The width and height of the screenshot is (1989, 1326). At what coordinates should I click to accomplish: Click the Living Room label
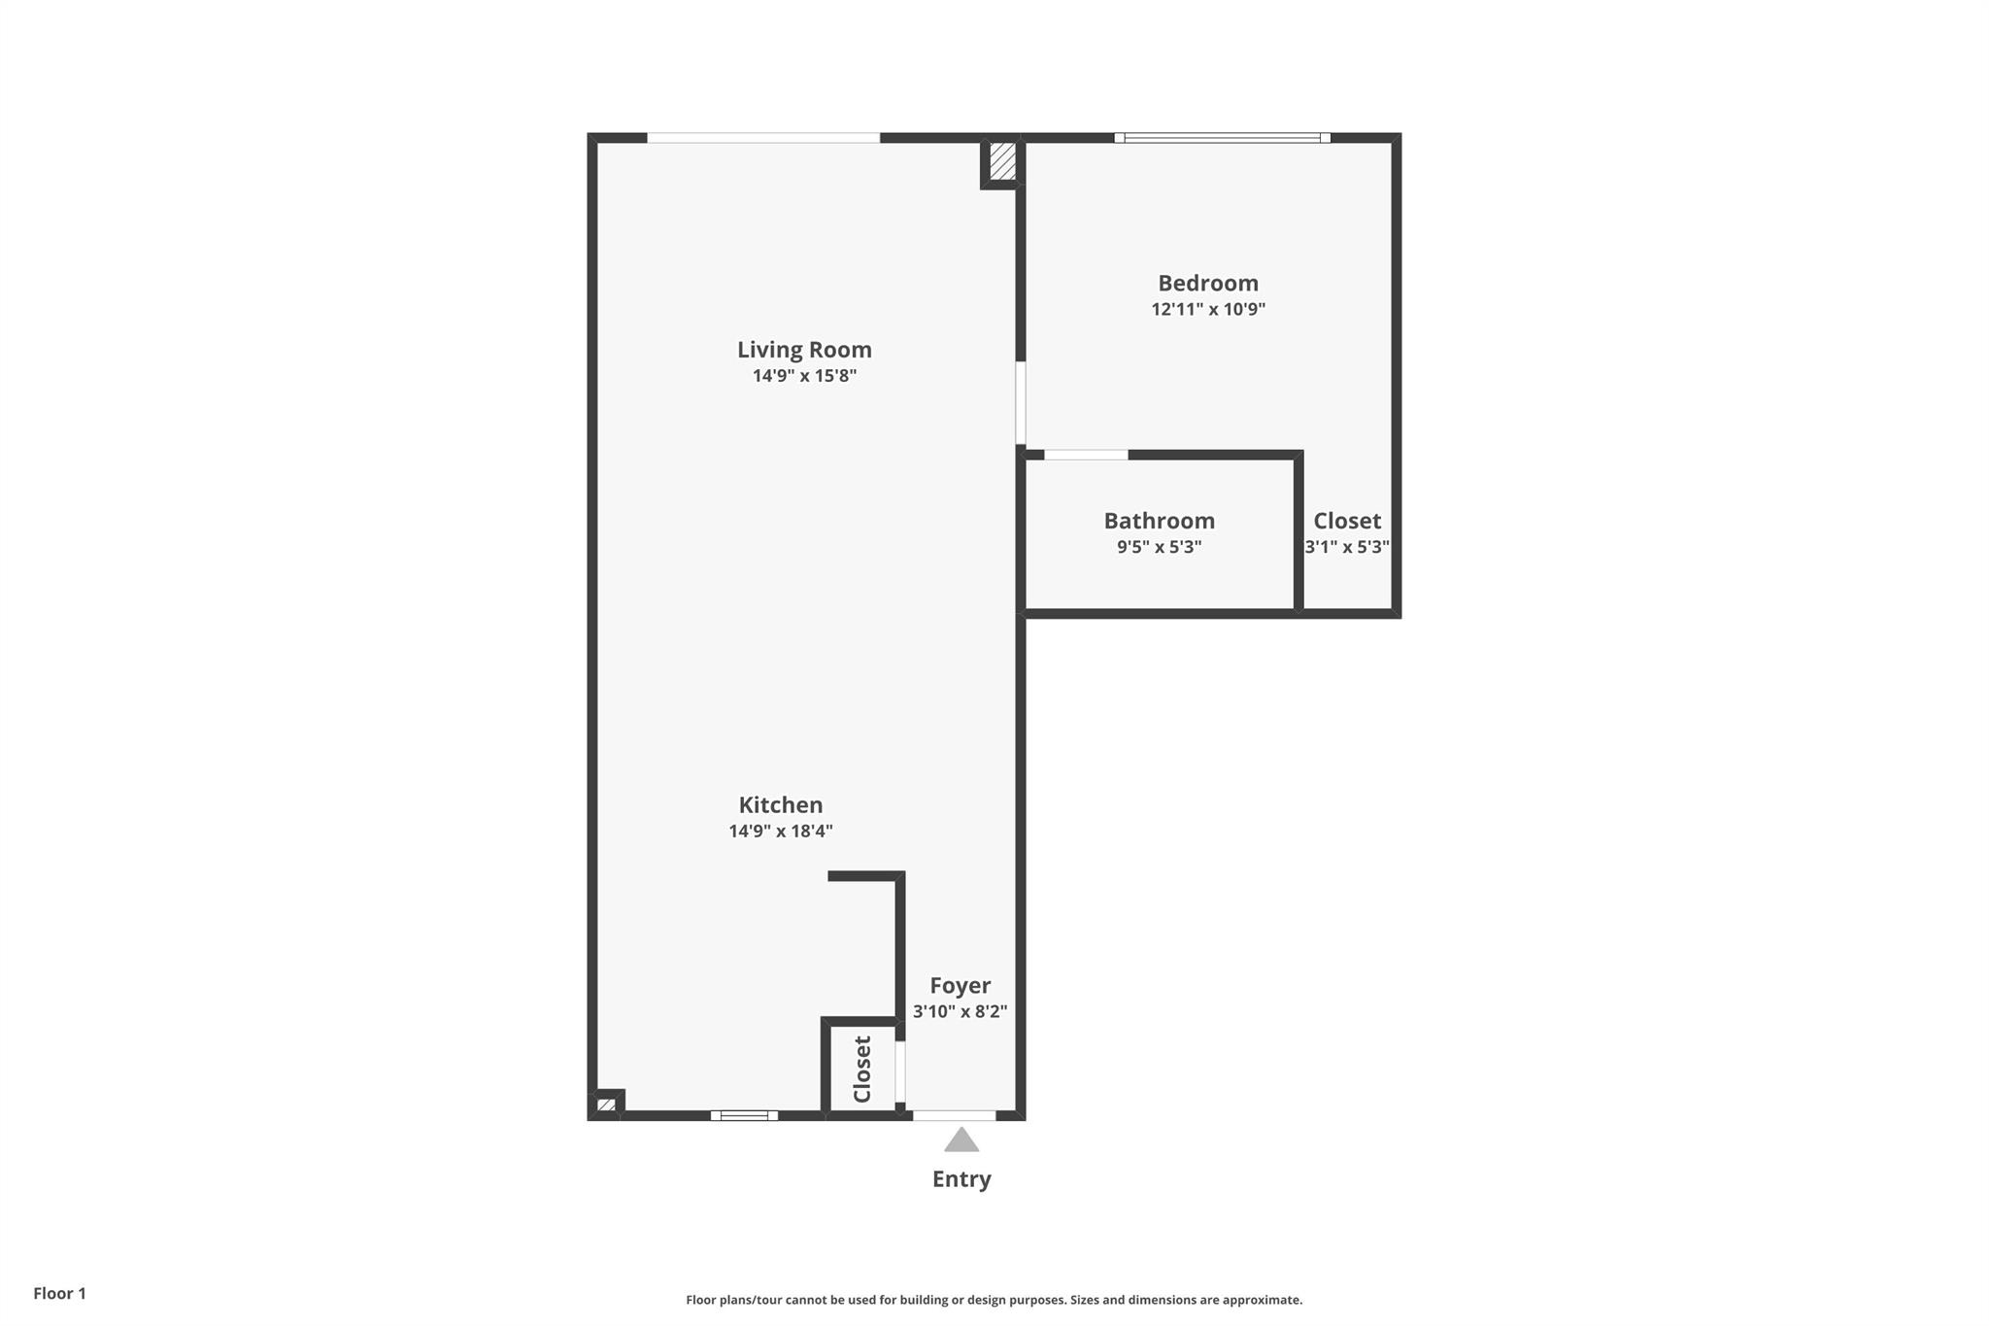pyautogui.click(x=804, y=350)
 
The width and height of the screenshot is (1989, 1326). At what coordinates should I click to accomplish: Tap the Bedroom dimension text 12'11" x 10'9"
pyautogui.click(x=1208, y=310)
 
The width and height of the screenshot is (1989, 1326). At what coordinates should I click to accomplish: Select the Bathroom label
pyautogui.click(x=1159, y=521)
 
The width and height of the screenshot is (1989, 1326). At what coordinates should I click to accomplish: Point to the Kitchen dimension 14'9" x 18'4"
pyautogui.click(x=781, y=832)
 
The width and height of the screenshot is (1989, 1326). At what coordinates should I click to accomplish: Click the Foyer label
pyautogui.click(x=960, y=986)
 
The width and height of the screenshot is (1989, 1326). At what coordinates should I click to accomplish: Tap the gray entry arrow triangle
pyautogui.click(x=961, y=1140)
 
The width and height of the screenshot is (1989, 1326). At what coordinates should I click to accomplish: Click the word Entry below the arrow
pyautogui.click(x=961, y=1179)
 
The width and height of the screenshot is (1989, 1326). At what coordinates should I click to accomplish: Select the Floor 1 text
pyautogui.click(x=59, y=1293)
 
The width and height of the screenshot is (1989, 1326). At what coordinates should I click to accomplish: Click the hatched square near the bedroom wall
pyautogui.click(x=1002, y=161)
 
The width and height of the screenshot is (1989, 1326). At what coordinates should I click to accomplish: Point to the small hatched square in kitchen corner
pyautogui.click(x=606, y=1105)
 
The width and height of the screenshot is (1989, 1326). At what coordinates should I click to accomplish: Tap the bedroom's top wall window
pyautogui.click(x=1222, y=138)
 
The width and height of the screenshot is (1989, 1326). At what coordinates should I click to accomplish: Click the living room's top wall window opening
pyautogui.click(x=763, y=138)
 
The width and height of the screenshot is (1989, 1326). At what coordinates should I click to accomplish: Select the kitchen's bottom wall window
pyautogui.click(x=744, y=1115)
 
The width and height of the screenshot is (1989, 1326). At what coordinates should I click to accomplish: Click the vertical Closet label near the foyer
pyautogui.click(x=862, y=1070)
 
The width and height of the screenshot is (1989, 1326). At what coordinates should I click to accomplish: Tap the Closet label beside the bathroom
pyautogui.click(x=1347, y=521)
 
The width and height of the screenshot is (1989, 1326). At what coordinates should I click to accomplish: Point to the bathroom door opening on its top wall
pyautogui.click(x=1086, y=455)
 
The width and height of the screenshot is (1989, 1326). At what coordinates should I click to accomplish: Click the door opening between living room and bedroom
pyautogui.click(x=1021, y=402)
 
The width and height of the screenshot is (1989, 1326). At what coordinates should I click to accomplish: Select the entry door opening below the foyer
pyautogui.click(x=954, y=1115)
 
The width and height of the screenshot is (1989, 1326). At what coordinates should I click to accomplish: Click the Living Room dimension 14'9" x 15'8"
pyautogui.click(x=804, y=376)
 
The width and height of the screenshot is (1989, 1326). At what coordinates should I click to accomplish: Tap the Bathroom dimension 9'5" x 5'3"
pyautogui.click(x=1159, y=547)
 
